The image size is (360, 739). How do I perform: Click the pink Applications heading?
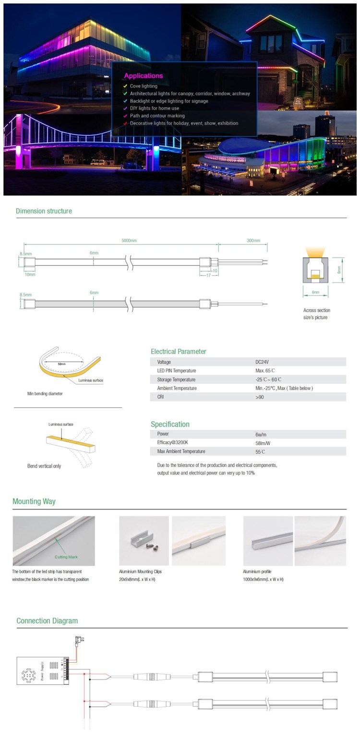point(143,76)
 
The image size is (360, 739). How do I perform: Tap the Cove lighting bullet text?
point(144,86)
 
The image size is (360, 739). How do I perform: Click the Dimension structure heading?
point(44,211)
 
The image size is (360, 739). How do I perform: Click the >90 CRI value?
point(260,397)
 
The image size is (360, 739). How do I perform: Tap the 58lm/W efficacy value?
point(264,443)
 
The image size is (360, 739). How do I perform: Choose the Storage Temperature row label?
point(176,380)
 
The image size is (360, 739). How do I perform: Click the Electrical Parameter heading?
point(178,351)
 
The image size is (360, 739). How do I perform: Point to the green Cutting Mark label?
point(66,557)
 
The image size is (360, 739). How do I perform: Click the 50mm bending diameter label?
point(61,364)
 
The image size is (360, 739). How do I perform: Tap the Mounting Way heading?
point(34,502)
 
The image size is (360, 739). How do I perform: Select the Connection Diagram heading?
point(47,621)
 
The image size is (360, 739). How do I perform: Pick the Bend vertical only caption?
point(44,466)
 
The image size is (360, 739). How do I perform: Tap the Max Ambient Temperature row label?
point(181,451)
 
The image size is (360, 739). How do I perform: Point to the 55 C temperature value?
point(261,452)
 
